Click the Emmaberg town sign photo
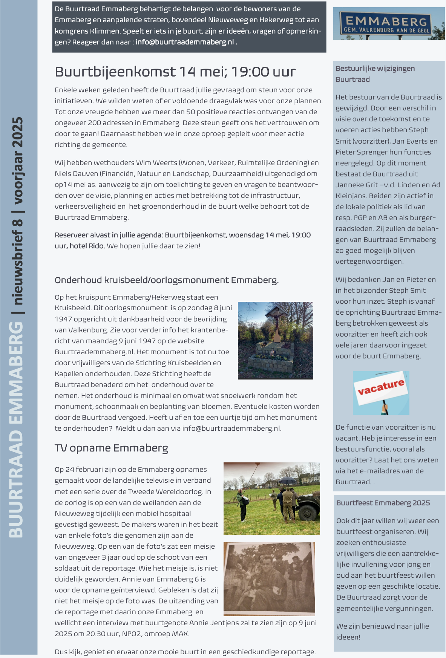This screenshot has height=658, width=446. [389, 23]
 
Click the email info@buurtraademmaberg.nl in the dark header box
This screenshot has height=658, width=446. [184, 42]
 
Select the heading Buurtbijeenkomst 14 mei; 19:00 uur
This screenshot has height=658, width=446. [175, 72]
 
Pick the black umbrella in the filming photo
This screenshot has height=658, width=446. [288, 480]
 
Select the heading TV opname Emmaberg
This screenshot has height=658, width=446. [111, 448]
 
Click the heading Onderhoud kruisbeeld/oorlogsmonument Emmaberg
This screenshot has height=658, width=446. [167, 280]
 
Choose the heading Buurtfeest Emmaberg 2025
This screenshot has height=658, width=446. [383, 503]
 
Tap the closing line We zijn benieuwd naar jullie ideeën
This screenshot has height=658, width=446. [382, 632]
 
